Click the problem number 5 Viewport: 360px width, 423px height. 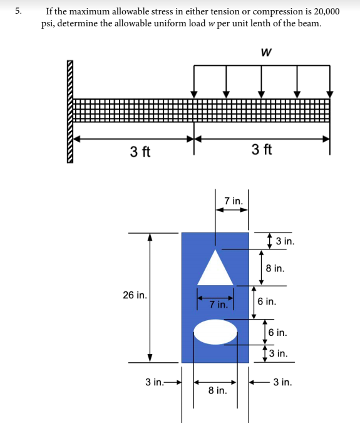19,11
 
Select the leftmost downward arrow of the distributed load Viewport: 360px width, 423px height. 194,80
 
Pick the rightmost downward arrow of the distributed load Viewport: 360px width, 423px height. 330,80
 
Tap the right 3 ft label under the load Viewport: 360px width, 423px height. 262,150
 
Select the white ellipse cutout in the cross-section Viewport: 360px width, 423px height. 215,332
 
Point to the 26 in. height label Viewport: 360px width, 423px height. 135,295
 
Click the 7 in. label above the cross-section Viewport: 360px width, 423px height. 233,201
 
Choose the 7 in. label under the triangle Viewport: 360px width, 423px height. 218,305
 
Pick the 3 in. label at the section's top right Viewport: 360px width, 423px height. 285,241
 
